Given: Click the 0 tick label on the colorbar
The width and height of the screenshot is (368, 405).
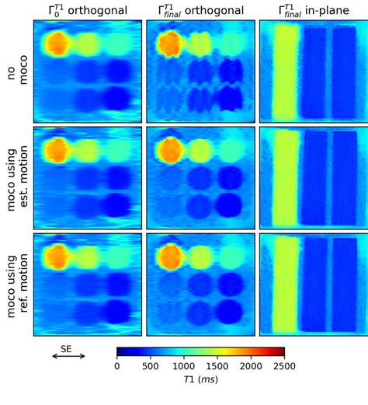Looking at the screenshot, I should click(x=117, y=366).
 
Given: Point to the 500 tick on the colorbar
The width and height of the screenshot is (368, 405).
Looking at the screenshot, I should click(x=151, y=366).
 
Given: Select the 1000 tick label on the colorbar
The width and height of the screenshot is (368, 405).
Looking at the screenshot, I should click(x=184, y=366).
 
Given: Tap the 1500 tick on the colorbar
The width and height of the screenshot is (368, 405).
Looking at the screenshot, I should click(x=217, y=366).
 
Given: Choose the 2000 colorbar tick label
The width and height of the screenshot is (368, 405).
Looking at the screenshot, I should click(x=251, y=366).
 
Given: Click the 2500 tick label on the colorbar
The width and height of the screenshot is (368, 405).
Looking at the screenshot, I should click(x=284, y=366).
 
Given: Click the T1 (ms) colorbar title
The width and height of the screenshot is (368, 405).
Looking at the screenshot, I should click(x=200, y=380).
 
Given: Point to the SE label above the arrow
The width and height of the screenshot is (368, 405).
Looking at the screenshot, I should click(x=66, y=348).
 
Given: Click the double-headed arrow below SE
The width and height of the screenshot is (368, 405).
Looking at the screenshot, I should click(x=68, y=357).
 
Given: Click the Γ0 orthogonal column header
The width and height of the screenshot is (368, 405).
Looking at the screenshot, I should click(x=87, y=10).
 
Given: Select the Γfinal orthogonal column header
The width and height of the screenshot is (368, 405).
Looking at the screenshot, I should click(x=200, y=10).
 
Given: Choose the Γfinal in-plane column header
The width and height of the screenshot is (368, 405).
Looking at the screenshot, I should click(x=314, y=10).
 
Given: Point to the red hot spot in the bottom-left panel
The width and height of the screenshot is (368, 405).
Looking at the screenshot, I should click(x=57, y=255).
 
